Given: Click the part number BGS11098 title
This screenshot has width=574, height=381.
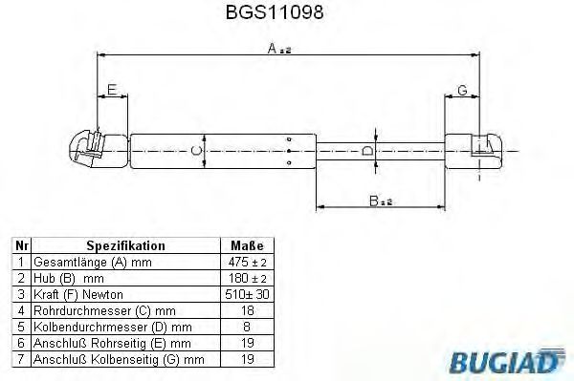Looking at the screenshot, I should pyautogui.click(x=287, y=13).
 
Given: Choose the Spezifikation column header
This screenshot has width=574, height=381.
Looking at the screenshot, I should pyautogui.click(x=125, y=245).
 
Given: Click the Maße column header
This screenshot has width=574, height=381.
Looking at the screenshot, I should pyautogui.click(x=246, y=245).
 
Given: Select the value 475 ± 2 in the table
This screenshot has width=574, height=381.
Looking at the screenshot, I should pyautogui.click(x=246, y=262).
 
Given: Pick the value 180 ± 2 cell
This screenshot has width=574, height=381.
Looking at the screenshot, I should pyautogui.click(x=246, y=278).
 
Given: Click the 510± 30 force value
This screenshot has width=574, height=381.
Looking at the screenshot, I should pyautogui.click(x=246, y=294).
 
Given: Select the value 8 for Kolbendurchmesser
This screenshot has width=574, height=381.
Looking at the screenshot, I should pyautogui.click(x=246, y=327).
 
